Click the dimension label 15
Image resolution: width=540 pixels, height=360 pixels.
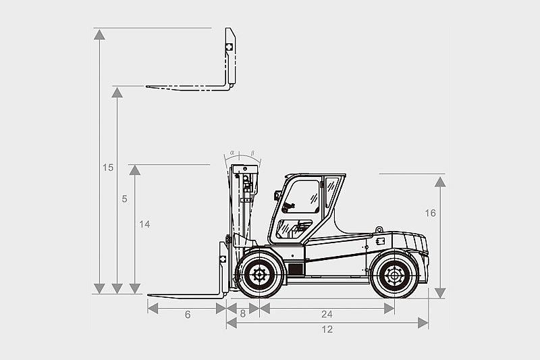108,168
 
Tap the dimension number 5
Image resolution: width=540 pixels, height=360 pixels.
124,199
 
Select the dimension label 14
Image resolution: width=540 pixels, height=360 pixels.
144,224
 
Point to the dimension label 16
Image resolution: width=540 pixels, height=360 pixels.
430,213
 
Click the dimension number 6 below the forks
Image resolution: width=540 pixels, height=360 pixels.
188,315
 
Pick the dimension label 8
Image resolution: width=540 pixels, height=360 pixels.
243,314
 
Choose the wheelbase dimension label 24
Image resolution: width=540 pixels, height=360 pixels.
327,314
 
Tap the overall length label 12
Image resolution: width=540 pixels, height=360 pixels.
327,330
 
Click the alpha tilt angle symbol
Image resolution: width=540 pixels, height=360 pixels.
232,152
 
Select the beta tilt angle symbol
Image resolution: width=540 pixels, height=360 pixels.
252,153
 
